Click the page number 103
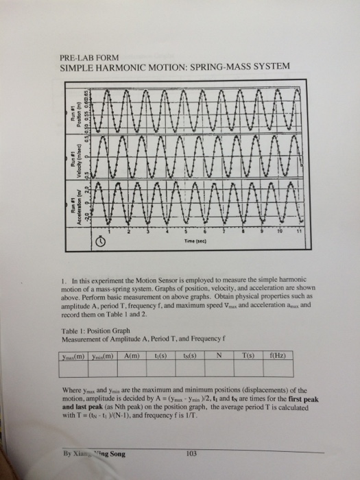191,453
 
